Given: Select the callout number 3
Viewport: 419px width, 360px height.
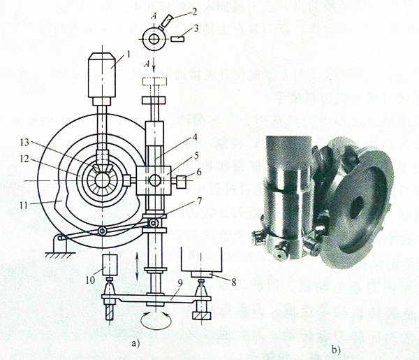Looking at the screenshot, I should coord(198,28).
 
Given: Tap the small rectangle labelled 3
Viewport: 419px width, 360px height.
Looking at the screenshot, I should coord(177,40).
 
